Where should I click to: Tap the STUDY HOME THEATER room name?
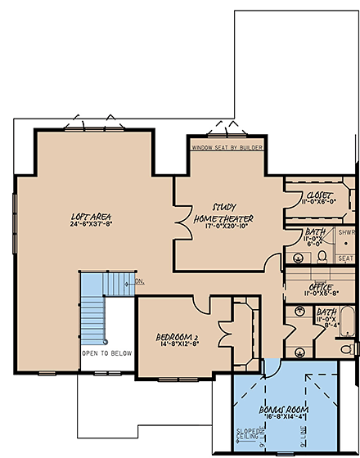click(x=223, y=213)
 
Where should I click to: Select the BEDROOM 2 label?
click(x=178, y=336)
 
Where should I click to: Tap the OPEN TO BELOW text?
click(x=106, y=353)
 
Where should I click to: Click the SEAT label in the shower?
click(x=345, y=258)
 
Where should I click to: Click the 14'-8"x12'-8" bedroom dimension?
click(x=178, y=345)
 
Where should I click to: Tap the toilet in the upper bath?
click(x=322, y=255)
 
